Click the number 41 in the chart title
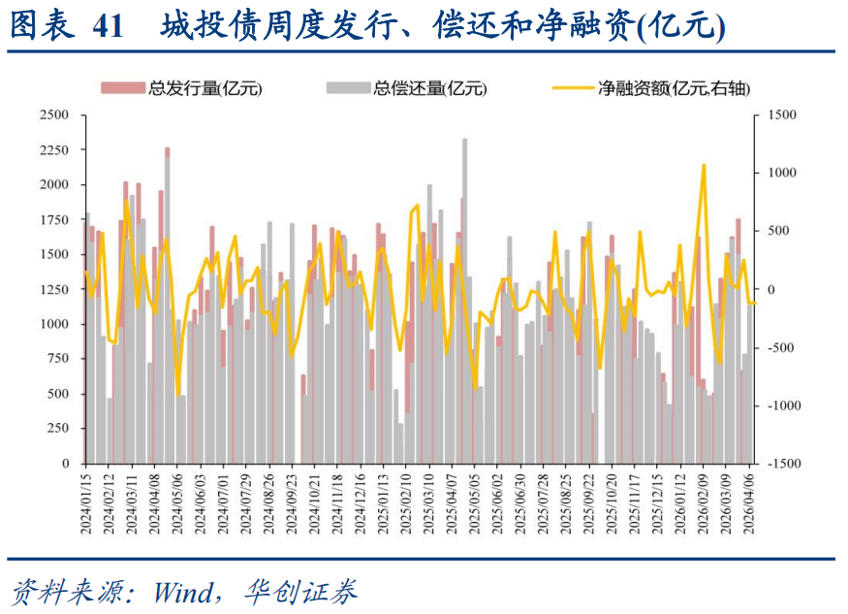pyautogui.click(x=109, y=26)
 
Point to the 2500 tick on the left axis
pyautogui.click(x=53, y=115)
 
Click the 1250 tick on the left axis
pyautogui.click(x=53, y=290)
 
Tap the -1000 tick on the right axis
pyautogui.click(x=780, y=406)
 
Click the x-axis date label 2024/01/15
pyautogui.click(x=85, y=502)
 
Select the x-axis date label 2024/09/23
pyautogui.click(x=291, y=502)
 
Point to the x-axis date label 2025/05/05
pyautogui.click(x=474, y=502)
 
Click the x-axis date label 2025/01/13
pyautogui.click(x=382, y=502)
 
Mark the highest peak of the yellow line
pyautogui.click(x=703, y=165)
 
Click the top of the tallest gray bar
pyautogui.click(x=464, y=140)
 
